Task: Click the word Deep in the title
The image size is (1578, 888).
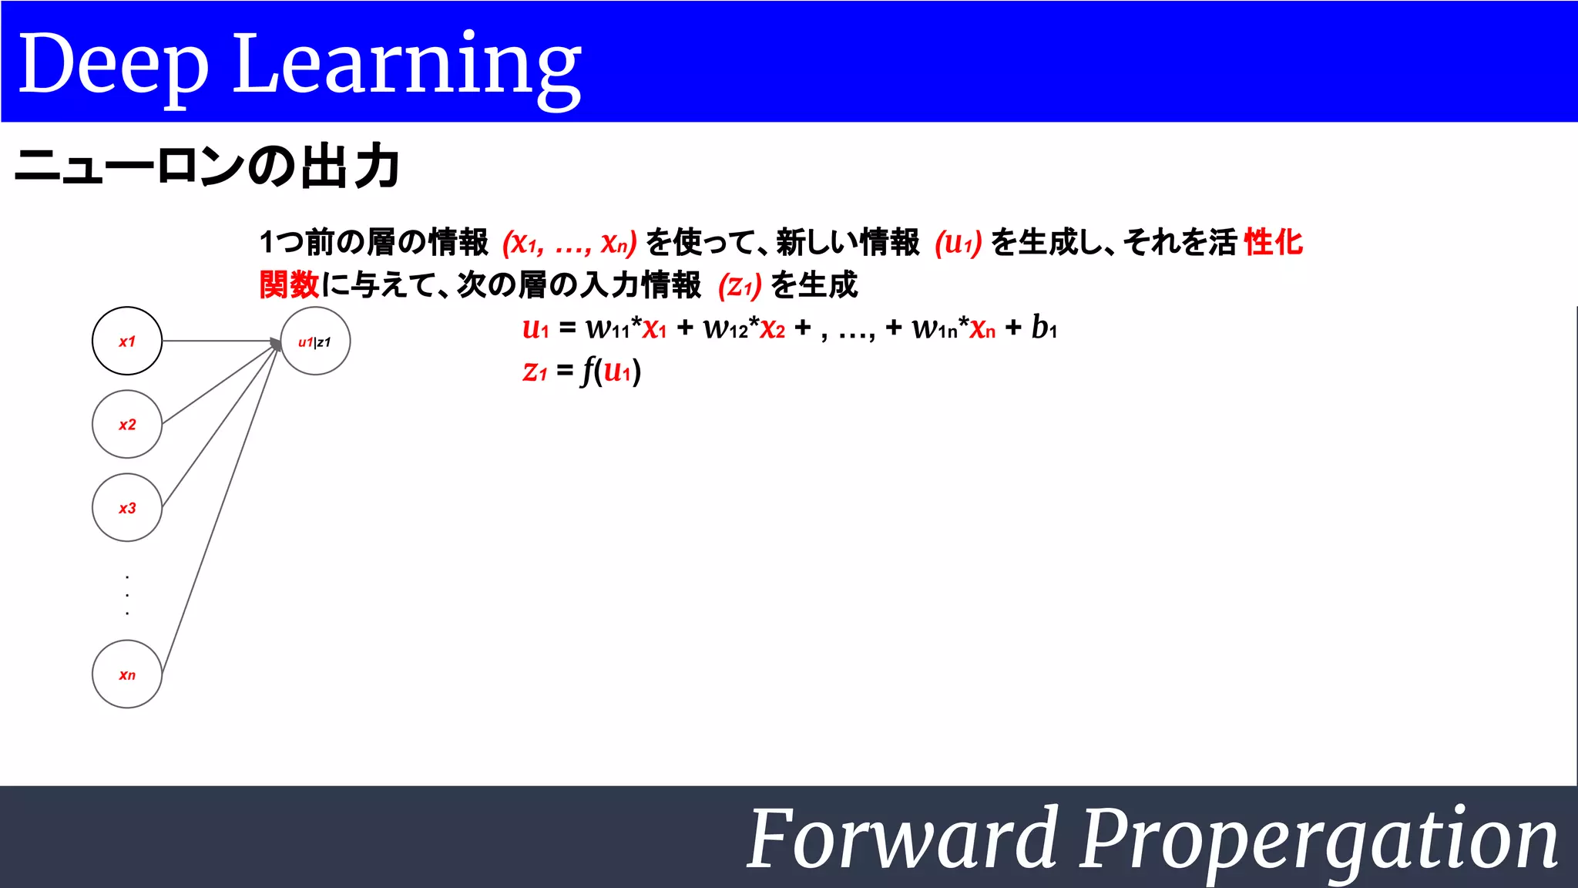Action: click(x=113, y=66)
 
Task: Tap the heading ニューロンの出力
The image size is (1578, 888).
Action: click(x=206, y=166)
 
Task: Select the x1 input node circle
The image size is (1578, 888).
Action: click(x=127, y=341)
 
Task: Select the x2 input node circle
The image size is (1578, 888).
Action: click(x=127, y=424)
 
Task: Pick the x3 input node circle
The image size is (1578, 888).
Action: click(x=127, y=507)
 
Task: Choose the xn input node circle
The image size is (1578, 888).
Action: click(x=127, y=674)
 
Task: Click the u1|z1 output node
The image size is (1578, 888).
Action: click(x=315, y=341)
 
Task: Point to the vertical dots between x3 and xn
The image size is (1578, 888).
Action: click(x=127, y=594)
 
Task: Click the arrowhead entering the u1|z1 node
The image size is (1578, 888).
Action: click(x=276, y=343)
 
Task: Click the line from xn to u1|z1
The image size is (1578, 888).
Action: click(x=220, y=509)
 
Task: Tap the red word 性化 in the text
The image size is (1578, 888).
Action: click(x=1273, y=242)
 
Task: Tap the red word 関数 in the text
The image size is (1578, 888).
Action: click(x=289, y=284)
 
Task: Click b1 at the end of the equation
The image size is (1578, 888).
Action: click(x=1044, y=328)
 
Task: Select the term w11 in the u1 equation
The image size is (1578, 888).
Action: click(x=608, y=328)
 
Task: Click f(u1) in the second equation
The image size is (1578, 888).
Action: click(x=611, y=372)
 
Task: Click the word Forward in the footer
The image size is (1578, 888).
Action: click(x=901, y=839)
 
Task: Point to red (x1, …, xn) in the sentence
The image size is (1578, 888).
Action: click(x=569, y=243)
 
